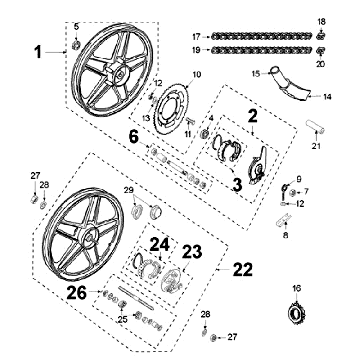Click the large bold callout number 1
click(39, 53)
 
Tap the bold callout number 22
click(243, 269)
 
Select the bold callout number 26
click(77, 293)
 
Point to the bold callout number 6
click(134, 137)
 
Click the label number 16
click(296, 288)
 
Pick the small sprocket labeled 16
click(296, 313)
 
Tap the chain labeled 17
click(261, 36)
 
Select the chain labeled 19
click(261, 50)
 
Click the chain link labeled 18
click(321, 36)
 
